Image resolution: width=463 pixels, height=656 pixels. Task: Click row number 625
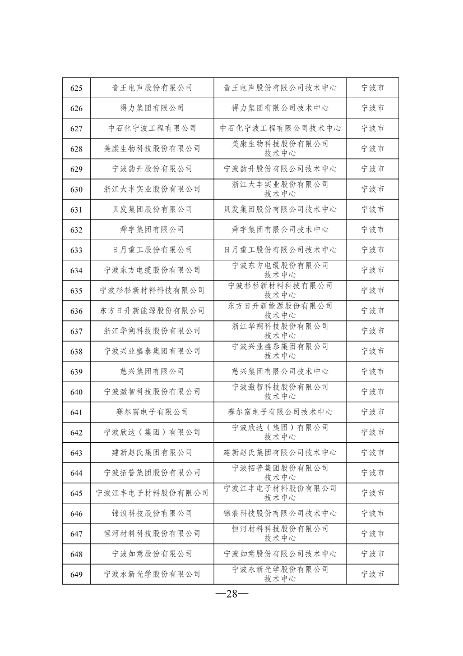click(77, 88)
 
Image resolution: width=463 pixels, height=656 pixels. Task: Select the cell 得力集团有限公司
click(152, 108)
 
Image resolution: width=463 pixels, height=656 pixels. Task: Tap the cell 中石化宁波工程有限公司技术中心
click(280, 128)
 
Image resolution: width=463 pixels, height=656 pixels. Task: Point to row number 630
click(77, 189)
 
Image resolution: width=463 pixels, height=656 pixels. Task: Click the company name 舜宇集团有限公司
click(152, 230)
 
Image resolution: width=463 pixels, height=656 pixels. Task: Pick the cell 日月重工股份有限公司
click(152, 250)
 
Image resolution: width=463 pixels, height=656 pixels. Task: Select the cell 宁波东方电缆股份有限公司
click(152, 270)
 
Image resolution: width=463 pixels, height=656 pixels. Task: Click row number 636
click(77, 311)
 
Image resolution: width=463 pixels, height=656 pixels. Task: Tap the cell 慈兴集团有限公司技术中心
click(280, 371)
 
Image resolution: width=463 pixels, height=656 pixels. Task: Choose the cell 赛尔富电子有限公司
click(152, 412)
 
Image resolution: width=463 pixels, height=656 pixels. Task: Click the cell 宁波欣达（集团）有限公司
click(152, 432)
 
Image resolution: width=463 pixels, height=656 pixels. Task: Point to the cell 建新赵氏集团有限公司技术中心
click(280, 452)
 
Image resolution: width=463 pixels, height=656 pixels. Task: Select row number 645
click(77, 493)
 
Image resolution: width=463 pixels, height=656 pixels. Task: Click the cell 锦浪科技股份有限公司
click(152, 513)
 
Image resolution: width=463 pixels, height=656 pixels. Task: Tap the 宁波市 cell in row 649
click(373, 574)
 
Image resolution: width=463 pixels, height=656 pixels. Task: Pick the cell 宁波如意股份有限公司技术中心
click(280, 554)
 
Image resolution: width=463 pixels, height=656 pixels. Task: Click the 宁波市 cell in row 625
click(373, 88)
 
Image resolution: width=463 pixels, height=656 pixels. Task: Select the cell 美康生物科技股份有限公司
click(152, 149)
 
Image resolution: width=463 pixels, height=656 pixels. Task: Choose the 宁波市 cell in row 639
click(373, 371)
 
